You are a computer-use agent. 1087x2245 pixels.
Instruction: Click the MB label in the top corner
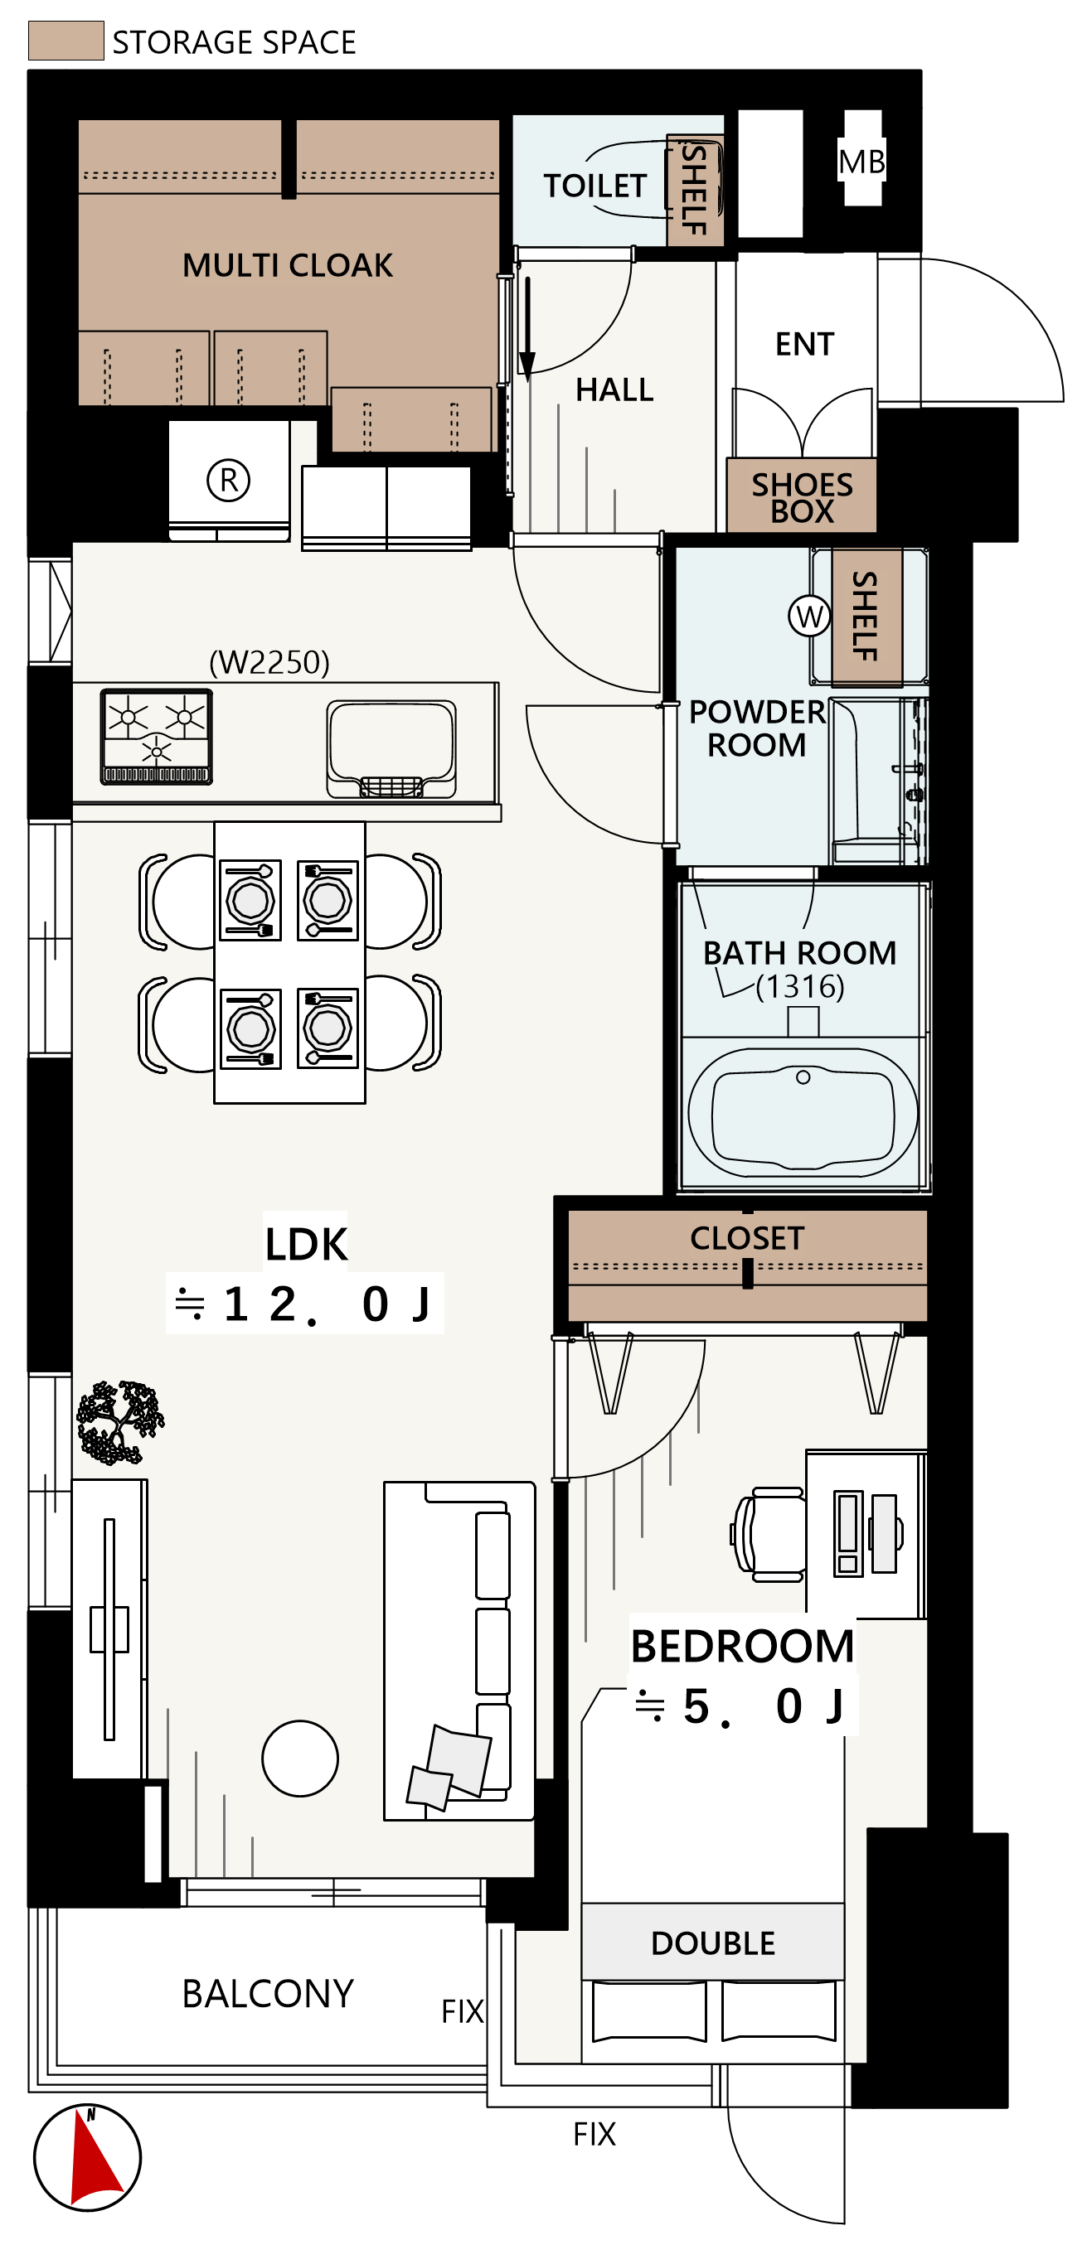click(x=861, y=162)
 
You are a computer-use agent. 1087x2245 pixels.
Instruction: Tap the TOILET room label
click(x=595, y=186)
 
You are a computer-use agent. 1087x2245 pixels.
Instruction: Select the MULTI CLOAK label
click(x=288, y=265)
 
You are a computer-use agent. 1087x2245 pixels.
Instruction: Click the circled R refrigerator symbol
click(x=228, y=479)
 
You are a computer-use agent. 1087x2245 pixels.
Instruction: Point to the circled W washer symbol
click(x=809, y=617)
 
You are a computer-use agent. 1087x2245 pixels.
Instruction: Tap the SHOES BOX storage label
click(x=802, y=497)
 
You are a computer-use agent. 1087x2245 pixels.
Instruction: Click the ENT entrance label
click(x=804, y=344)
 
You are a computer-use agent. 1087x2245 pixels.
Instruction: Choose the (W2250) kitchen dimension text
click(x=269, y=662)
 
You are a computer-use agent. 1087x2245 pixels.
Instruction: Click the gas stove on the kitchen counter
click(x=157, y=737)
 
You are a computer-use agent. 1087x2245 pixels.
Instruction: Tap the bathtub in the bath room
click(x=803, y=1112)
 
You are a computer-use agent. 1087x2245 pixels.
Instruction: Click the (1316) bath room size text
click(x=799, y=986)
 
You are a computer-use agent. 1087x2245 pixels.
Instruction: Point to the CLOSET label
click(x=747, y=1237)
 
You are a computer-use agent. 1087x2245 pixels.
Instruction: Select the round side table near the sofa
click(x=300, y=1759)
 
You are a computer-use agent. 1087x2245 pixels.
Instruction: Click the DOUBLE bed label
click(x=713, y=1943)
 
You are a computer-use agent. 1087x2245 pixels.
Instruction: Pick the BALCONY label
click(x=268, y=1993)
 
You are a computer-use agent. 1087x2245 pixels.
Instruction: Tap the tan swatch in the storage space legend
click(x=66, y=41)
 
